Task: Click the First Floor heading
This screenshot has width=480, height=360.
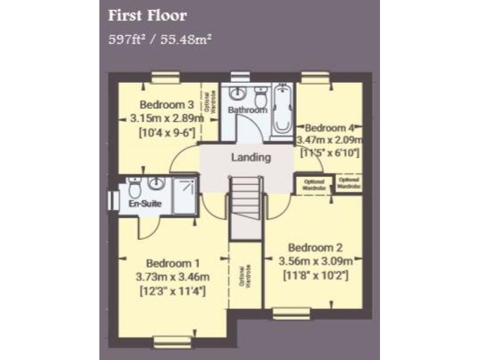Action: click(147, 15)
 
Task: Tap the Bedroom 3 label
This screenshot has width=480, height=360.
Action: click(167, 104)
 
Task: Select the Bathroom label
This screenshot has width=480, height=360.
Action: click(247, 111)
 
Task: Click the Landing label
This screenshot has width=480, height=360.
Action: click(251, 157)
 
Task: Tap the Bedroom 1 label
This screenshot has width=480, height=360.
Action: click(172, 263)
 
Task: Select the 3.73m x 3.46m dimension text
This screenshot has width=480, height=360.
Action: click(172, 277)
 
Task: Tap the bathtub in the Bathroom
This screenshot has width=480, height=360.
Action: click(284, 111)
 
